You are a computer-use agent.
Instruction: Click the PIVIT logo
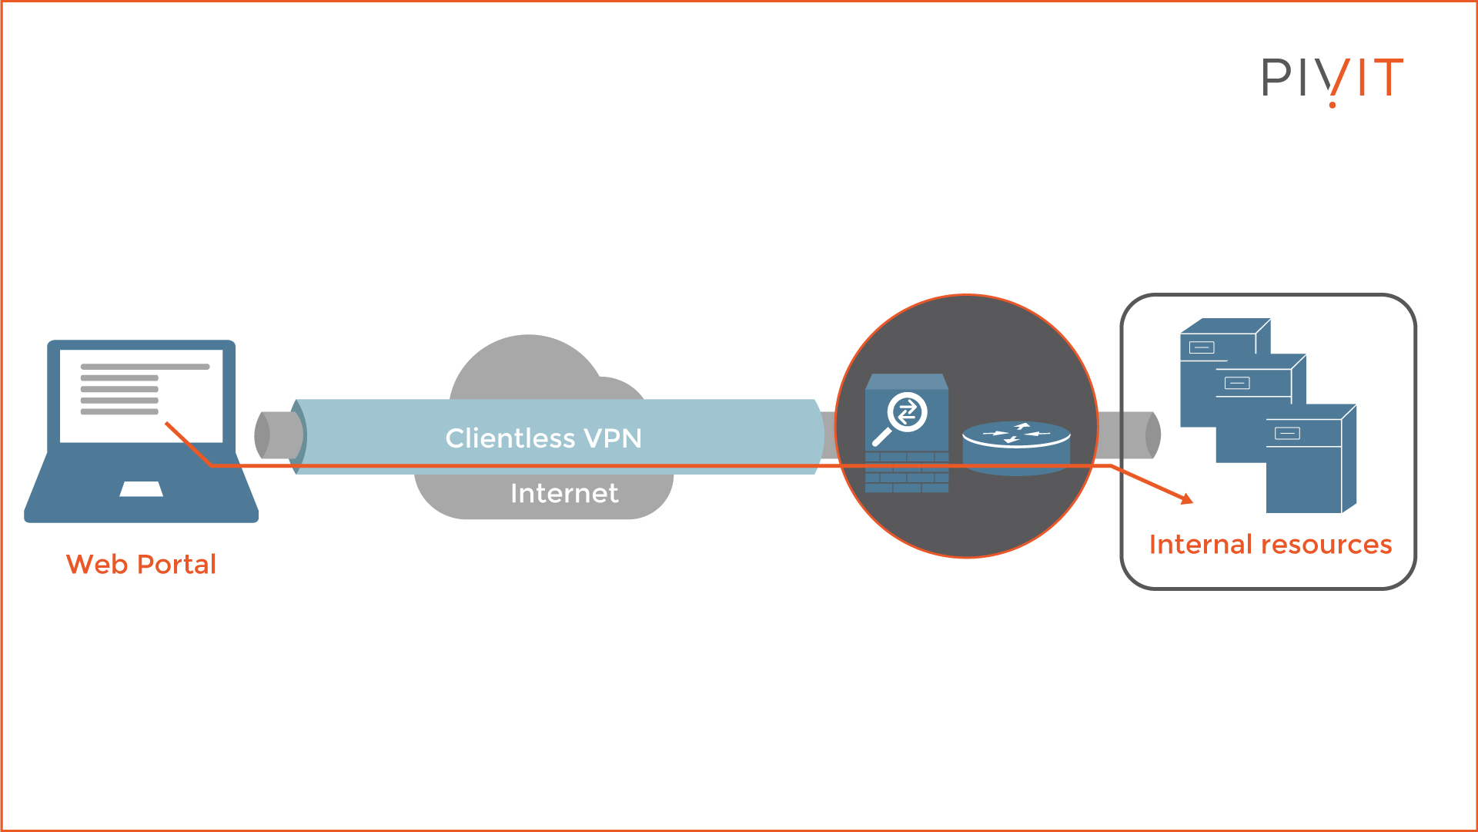click(x=1332, y=79)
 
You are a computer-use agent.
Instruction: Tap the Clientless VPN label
click(x=543, y=438)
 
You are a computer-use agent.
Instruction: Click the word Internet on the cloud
click(x=563, y=493)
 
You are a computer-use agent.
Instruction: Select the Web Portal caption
click(x=141, y=564)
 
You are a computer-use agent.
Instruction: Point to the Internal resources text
click(x=1270, y=545)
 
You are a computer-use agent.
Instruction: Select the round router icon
click(x=1015, y=446)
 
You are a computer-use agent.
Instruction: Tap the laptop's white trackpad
click(x=141, y=489)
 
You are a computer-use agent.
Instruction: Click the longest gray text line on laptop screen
click(x=145, y=367)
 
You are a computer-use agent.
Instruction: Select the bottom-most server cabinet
click(x=1309, y=462)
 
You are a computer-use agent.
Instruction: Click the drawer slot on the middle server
click(x=1237, y=383)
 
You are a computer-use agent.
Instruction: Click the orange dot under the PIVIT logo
click(x=1333, y=105)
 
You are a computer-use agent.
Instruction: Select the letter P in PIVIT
click(x=1276, y=78)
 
